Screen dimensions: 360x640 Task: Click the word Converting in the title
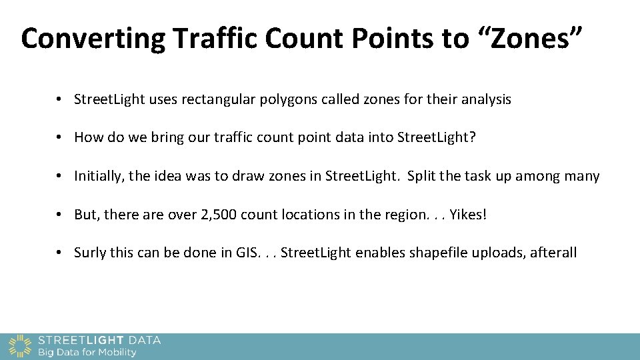(x=93, y=39)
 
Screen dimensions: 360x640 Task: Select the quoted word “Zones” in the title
(x=529, y=38)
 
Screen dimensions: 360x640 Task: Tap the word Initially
(x=99, y=177)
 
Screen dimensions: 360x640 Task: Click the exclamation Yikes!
(x=469, y=215)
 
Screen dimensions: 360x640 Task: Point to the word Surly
(x=90, y=253)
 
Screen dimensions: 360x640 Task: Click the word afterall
(x=553, y=253)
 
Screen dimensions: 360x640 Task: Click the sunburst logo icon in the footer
(x=20, y=345)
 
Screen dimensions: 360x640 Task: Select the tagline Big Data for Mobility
(x=87, y=352)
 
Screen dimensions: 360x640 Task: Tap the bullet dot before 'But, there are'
(x=60, y=215)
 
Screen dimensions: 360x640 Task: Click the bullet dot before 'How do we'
(x=60, y=138)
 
